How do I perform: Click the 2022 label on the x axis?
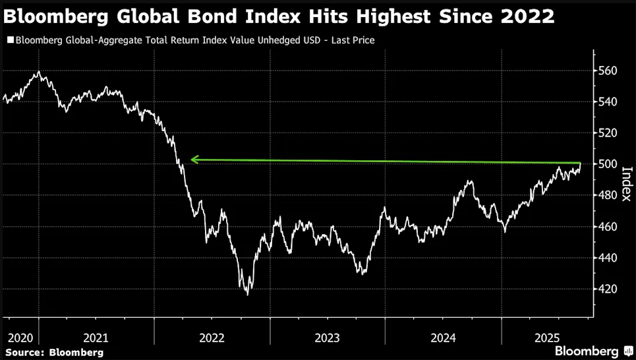coord(212,338)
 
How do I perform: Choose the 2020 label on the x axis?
coord(20,338)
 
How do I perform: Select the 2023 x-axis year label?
coord(327,338)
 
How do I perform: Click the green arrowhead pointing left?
coord(194,159)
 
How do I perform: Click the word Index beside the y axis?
coord(627,185)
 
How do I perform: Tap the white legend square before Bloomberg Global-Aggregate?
coord(10,41)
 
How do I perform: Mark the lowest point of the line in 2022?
coord(248,294)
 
